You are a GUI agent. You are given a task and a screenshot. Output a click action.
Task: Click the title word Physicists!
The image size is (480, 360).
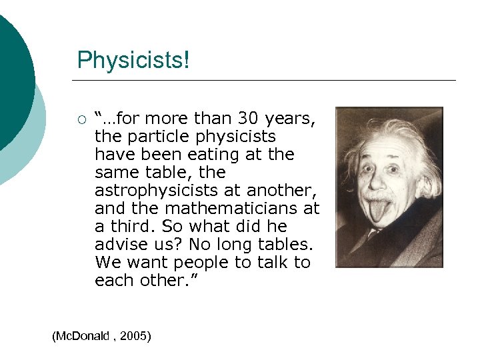[133, 60]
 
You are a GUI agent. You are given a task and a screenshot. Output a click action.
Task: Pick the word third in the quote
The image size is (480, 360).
[128, 227]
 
